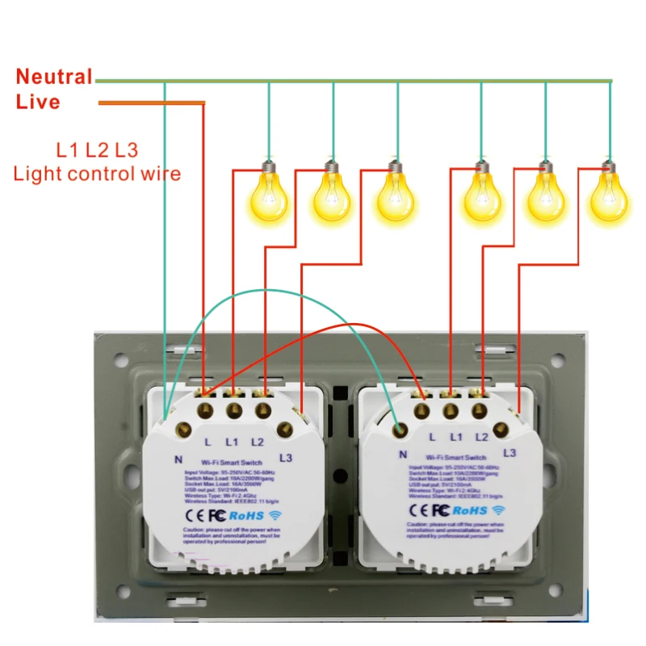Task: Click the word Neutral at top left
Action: (x=54, y=78)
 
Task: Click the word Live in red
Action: (x=38, y=103)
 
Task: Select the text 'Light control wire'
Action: (x=97, y=173)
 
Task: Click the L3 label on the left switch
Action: (x=284, y=458)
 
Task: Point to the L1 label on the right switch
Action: (x=456, y=437)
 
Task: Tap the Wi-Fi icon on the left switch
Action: (x=276, y=514)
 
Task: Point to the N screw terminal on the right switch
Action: (x=399, y=429)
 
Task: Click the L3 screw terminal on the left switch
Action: (x=284, y=429)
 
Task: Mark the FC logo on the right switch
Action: (x=440, y=510)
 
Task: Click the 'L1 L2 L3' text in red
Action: (x=97, y=149)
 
